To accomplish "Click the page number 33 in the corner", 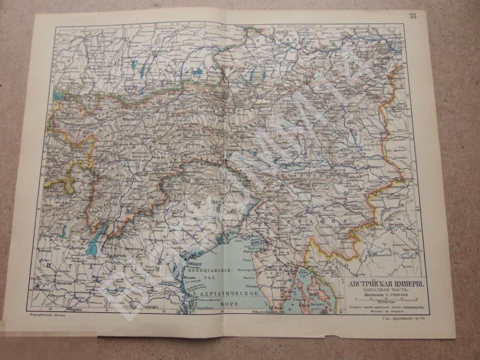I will tap(412, 16).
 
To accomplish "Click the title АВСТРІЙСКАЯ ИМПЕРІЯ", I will tap(386, 285).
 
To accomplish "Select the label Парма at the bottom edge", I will tap(74, 310).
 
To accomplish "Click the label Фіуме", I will tap(313, 266).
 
